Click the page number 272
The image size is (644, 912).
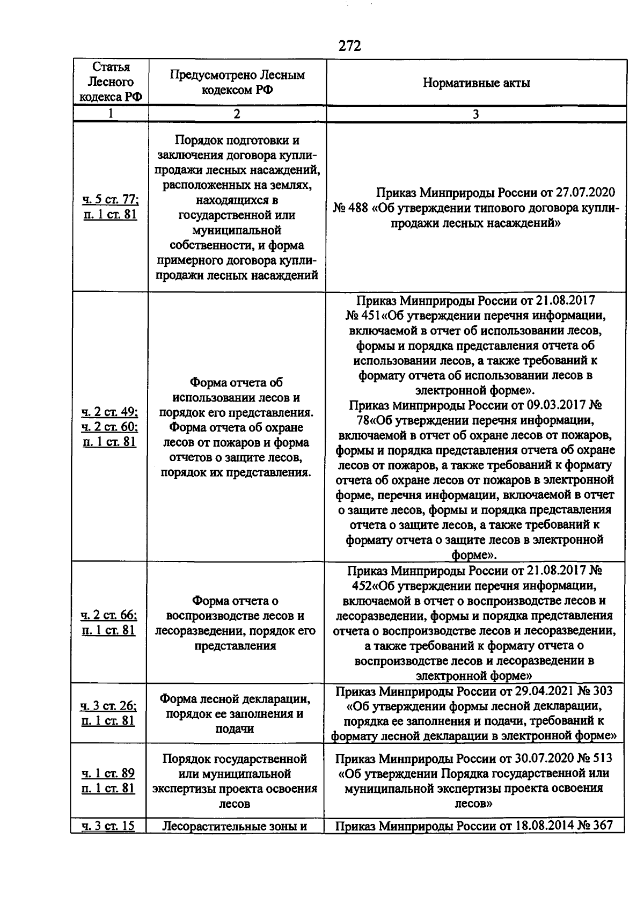coord(350,46)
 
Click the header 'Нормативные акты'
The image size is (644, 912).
coord(476,83)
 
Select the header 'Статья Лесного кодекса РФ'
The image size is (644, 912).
coord(111,82)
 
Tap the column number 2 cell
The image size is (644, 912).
coord(237,114)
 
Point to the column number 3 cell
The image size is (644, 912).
coord(475,114)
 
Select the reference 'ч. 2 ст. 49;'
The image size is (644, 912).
coord(110,412)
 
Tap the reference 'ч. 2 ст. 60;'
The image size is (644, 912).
coord(110,427)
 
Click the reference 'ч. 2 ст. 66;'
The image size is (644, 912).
coord(109,615)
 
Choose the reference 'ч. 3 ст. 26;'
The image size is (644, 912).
coord(108,706)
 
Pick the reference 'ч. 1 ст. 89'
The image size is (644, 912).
coord(108,774)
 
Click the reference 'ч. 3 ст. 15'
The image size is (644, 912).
coord(108,826)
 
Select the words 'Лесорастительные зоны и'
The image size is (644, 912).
coord(235,826)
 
